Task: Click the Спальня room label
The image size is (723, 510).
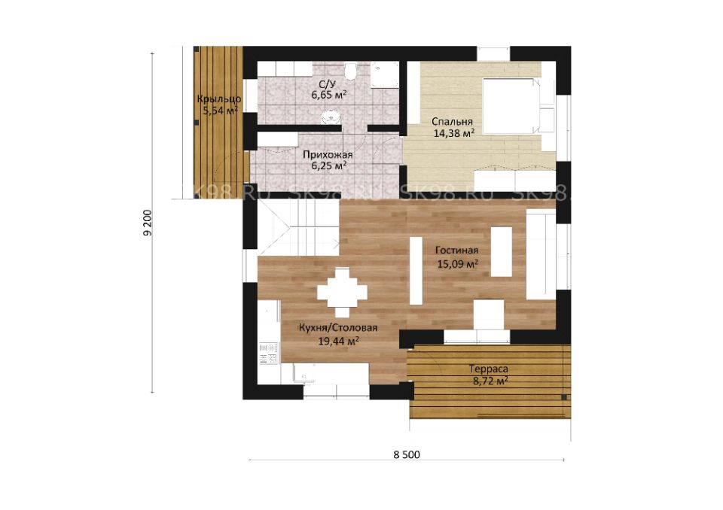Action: [x=452, y=122]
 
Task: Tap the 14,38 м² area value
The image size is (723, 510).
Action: [x=454, y=133]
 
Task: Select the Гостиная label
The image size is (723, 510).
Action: [x=456, y=250]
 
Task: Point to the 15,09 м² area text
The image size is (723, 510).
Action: [x=457, y=264]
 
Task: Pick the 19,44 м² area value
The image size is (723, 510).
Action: [x=339, y=342]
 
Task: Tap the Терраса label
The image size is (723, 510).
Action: [x=489, y=369]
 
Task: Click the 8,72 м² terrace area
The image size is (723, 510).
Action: [x=490, y=381]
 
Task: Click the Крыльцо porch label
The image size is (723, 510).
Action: [x=219, y=99]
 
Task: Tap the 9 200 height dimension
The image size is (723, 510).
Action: [x=147, y=223]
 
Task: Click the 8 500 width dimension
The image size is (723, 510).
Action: [x=407, y=455]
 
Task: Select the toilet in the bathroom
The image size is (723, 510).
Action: [x=350, y=71]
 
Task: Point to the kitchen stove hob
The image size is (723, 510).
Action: [x=268, y=354]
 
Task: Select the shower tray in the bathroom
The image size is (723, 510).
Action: [x=385, y=74]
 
